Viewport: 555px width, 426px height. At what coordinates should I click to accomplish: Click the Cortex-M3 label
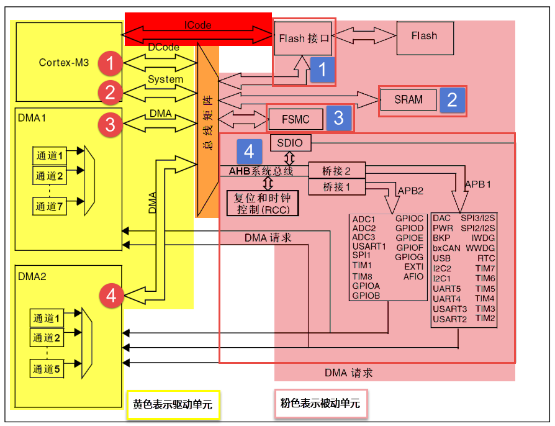tap(64, 63)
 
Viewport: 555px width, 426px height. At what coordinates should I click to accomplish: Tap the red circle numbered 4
tap(111, 296)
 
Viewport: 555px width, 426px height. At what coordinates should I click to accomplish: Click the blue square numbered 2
tap(453, 100)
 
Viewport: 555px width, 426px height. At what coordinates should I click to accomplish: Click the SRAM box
tap(408, 99)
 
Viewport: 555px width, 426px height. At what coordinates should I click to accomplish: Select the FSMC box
tap(296, 119)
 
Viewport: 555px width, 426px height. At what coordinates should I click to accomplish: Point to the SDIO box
tap(291, 143)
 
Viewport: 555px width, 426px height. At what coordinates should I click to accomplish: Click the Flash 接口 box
tap(304, 39)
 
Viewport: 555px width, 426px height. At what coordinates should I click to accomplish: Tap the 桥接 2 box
tap(337, 171)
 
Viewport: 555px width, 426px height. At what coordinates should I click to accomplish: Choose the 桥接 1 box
tap(337, 186)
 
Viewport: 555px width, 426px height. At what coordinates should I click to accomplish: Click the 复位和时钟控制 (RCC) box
tap(263, 204)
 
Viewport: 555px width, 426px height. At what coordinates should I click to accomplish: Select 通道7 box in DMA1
tap(50, 207)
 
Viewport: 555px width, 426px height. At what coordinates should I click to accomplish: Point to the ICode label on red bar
tap(198, 25)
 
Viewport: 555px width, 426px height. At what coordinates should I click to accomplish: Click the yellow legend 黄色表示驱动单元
tap(173, 404)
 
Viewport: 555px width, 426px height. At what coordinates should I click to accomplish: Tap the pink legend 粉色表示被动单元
tap(320, 404)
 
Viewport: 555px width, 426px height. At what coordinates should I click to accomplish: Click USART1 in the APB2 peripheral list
tap(369, 246)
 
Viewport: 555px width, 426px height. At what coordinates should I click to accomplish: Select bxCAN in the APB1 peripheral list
tap(446, 248)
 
